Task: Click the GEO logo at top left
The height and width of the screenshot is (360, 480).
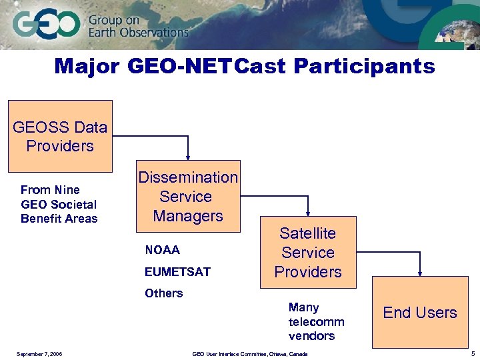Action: pos(45,25)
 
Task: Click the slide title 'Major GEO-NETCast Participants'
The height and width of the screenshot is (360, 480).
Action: pos(245,67)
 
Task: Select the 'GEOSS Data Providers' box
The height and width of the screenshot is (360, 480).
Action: pos(60,136)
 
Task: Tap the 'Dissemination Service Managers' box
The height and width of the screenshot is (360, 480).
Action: pos(188,196)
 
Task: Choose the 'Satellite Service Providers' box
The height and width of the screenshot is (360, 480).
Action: pos(308,252)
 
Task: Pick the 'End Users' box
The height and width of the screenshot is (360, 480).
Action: pos(419,312)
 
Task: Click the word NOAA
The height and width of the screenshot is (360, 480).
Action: pos(163,250)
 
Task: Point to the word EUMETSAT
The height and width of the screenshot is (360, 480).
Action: pos(177,271)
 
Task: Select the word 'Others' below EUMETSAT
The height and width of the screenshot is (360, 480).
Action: pos(163,293)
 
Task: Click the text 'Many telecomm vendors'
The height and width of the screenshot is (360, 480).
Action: pos(316,321)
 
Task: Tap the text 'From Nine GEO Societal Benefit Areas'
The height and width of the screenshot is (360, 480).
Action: pos(59,204)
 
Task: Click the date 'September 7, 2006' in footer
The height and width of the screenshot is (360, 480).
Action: pos(39,353)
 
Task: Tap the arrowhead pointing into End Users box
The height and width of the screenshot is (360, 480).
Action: pos(420,272)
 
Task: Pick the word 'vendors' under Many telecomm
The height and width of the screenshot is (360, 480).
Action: pos(311,335)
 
